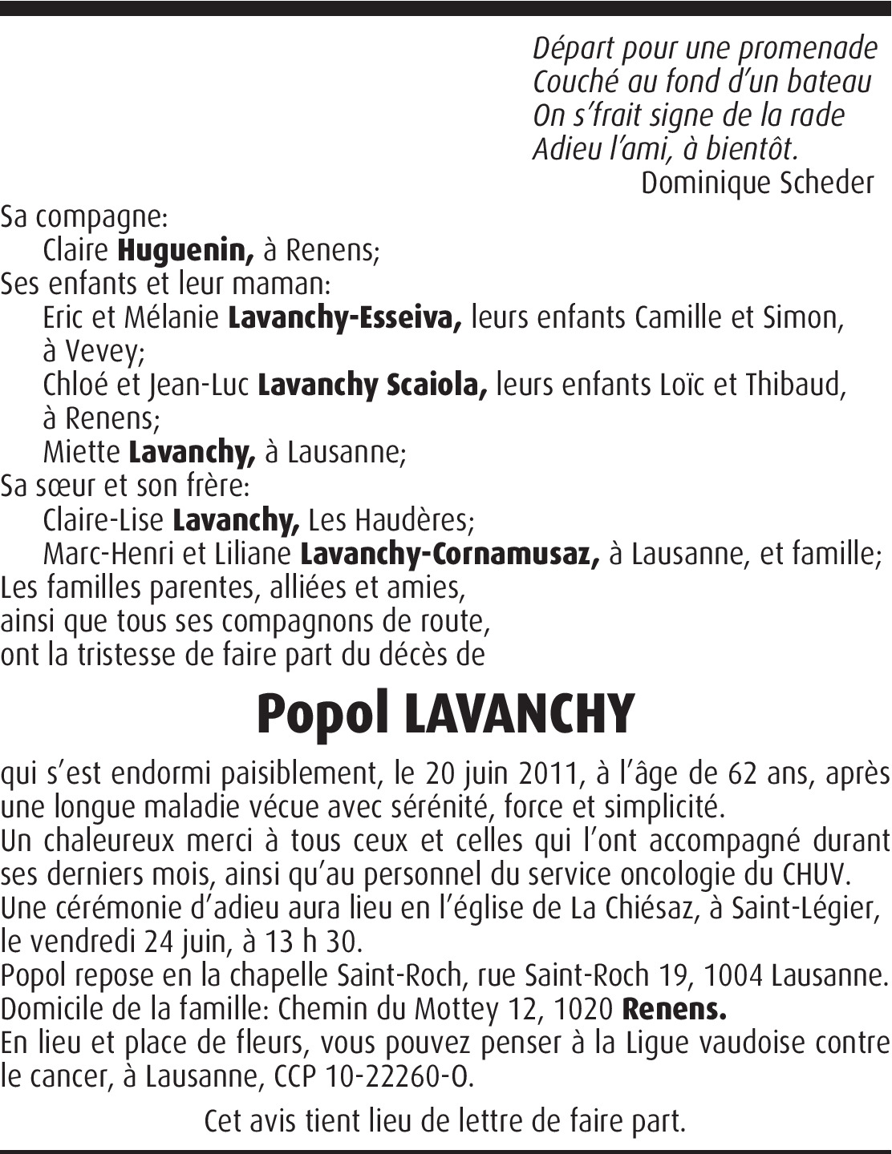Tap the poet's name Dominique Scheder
pos(756,184)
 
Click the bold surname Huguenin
pos(185,251)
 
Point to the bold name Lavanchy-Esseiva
pos(345,318)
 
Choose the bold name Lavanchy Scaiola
pos(372,385)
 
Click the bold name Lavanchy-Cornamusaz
pos(449,554)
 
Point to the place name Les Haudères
pos(391,521)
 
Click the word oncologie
pos(679,874)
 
